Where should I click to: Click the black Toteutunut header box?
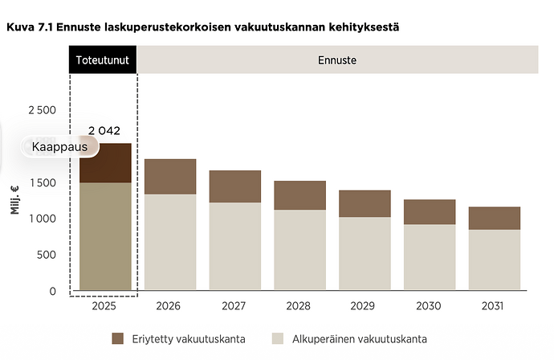[x=103, y=59]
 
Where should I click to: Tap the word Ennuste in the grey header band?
[x=337, y=60]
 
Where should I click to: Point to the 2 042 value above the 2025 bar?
[x=104, y=130]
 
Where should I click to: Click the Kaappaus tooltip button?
[x=59, y=147]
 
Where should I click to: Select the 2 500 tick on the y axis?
[x=42, y=110]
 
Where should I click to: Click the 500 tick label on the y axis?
[x=47, y=255]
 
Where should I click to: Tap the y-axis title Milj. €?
[x=14, y=200]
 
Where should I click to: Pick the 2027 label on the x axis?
[x=234, y=305]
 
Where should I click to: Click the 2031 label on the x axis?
[x=492, y=305]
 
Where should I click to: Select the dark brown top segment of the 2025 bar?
[x=105, y=163]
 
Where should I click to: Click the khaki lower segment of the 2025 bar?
[x=105, y=236]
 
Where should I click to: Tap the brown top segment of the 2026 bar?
[x=170, y=177]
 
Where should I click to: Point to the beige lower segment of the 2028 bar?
[x=300, y=250]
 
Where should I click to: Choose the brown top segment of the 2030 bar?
[x=430, y=212]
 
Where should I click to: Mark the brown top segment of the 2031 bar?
[x=495, y=219]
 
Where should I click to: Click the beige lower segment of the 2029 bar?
[x=365, y=254]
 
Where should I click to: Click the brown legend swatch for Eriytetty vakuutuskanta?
[x=118, y=338]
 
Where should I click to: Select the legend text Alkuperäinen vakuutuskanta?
[x=360, y=339]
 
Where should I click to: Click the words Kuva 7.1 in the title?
[x=30, y=27]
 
